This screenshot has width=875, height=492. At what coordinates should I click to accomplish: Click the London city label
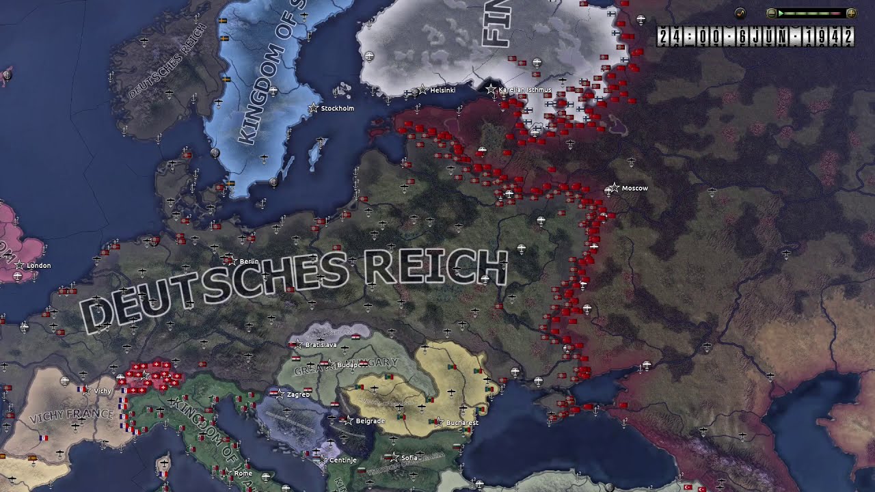click(x=38, y=266)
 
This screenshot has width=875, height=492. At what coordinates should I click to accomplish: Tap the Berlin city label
click(x=249, y=262)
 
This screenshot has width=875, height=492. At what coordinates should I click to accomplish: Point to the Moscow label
click(x=634, y=189)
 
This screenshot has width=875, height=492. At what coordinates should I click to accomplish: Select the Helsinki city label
click(x=443, y=90)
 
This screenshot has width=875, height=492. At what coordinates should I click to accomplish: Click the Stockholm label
click(x=337, y=109)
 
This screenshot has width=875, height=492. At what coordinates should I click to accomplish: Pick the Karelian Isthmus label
click(x=525, y=90)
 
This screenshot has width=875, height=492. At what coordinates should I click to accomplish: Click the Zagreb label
click(x=298, y=394)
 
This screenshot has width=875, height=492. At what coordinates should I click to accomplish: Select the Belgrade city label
click(x=370, y=421)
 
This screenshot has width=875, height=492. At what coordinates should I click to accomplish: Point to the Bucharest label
click(x=462, y=423)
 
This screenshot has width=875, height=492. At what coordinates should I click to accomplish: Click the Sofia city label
click(x=409, y=458)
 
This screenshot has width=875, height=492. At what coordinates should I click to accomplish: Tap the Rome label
click(x=243, y=474)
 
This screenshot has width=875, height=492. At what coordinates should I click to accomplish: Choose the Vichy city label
click(x=103, y=391)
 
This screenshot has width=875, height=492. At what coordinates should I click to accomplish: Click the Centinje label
click(x=343, y=460)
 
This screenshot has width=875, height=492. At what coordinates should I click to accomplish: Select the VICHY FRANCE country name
click(x=71, y=414)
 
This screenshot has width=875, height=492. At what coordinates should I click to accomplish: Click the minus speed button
click(x=771, y=13)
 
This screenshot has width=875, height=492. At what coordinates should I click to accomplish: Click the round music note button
click(x=740, y=13)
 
